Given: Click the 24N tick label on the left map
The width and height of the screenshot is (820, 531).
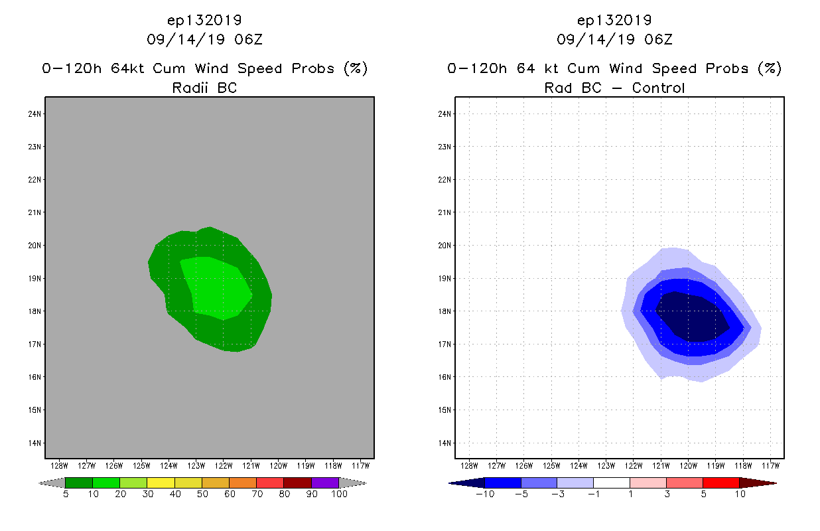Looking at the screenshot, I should click(x=35, y=114).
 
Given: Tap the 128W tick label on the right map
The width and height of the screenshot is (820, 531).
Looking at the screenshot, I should click(x=469, y=465).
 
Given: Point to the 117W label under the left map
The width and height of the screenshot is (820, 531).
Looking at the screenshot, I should click(x=360, y=465).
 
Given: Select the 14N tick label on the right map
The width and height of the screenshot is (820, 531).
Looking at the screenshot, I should click(x=445, y=443).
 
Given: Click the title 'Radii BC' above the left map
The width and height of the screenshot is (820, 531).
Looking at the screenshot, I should click(x=204, y=88).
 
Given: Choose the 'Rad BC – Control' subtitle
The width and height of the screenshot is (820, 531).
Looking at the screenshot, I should click(x=614, y=88).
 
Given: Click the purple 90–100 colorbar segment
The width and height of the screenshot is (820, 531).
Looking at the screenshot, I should click(x=325, y=483).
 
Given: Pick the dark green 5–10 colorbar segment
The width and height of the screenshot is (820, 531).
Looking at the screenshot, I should click(x=79, y=483).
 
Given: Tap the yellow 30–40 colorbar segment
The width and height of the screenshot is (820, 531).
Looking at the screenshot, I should click(x=161, y=483).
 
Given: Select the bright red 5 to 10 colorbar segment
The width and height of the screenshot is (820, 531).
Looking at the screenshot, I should click(x=720, y=483).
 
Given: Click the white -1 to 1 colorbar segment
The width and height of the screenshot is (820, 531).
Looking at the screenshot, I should click(x=611, y=483).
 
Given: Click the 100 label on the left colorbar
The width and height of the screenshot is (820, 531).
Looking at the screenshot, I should click(x=339, y=494).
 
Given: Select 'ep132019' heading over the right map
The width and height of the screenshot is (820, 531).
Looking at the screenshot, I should click(x=614, y=20).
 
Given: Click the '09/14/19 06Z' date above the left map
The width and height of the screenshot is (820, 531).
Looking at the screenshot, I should click(x=204, y=39).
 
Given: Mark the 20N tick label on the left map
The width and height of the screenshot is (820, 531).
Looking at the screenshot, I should click(x=35, y=246).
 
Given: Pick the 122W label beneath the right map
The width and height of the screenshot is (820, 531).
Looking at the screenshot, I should click(x=634, y=465).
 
